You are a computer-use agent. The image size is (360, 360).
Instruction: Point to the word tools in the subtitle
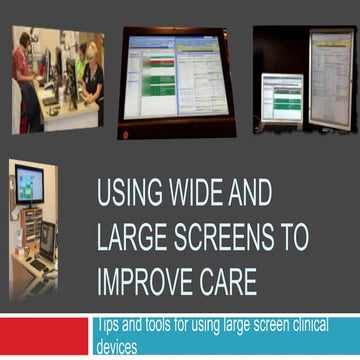coord(165,324)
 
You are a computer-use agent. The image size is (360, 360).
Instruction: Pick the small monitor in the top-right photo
coord(281,98)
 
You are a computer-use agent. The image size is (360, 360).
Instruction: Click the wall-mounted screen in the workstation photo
coord(29,185)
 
